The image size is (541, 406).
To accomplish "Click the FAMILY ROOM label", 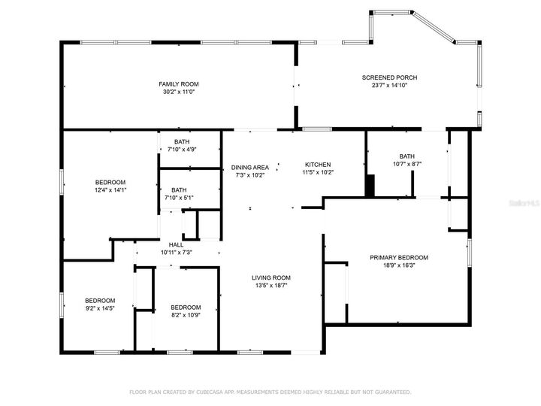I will click(178, 83).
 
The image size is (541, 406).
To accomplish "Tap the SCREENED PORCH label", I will click(389, 77).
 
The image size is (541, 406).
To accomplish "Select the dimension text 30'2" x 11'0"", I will click(178, 92).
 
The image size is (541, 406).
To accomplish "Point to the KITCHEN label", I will click(318, 165).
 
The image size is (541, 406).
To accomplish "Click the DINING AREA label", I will click(250, 167).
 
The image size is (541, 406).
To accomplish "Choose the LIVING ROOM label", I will click(270, 277).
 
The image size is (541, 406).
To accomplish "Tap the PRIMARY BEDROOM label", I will click(398, 257).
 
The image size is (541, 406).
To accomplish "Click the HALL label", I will click(176, 244).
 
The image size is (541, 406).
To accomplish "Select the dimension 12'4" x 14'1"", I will click(110, 190).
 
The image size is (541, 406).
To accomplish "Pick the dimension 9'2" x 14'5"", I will click(99, 308).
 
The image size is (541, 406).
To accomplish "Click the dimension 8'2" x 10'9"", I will click(186, 315).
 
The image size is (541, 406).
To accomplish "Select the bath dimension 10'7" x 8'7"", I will click(407, 164).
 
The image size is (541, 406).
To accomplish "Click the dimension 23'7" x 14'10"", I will click(389, 86).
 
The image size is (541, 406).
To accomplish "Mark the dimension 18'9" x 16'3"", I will click(398, 265).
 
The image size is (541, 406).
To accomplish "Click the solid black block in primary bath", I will click(369, 186).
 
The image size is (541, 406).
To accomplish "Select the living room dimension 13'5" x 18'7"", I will click(270, 285).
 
